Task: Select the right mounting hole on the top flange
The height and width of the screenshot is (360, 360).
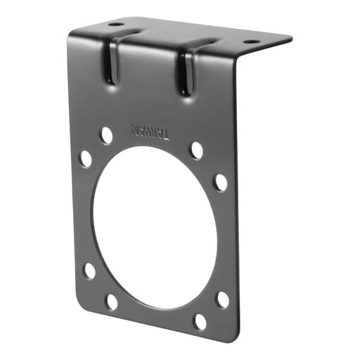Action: tap(250, 41)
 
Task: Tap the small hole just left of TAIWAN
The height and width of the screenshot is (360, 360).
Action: tap(106, 134)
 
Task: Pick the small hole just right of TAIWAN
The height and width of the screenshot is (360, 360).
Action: tap(197, 150)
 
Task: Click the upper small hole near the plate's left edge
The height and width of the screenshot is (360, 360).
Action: tap(85, 158)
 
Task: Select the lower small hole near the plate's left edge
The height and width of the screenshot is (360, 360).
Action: tap(89, 271)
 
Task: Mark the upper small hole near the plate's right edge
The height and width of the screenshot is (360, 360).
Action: tap(221, 182)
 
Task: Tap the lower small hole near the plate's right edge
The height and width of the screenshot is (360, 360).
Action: tap(222, 300)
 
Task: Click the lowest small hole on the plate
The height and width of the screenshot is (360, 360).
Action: tap(200, 322)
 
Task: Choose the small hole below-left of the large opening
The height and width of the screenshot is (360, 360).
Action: tap(112, 302)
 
